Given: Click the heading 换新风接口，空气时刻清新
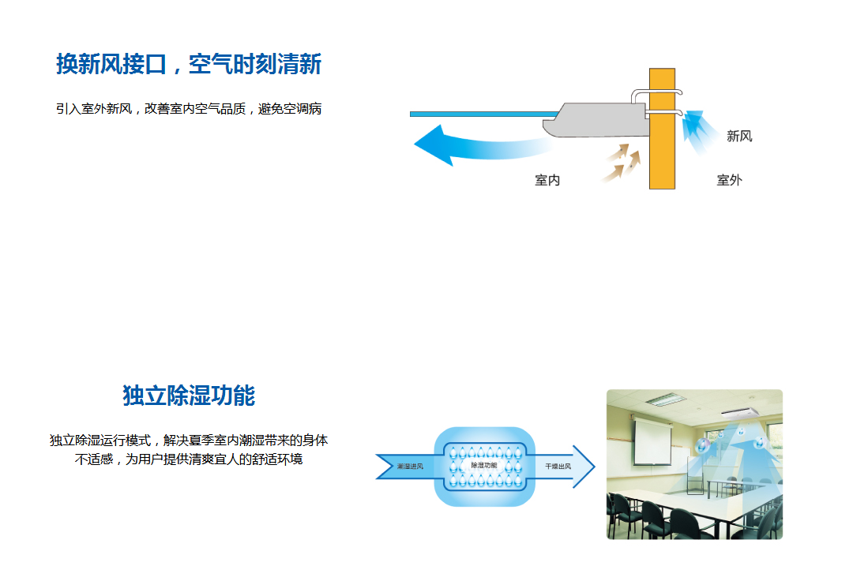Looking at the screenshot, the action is coord(189,64).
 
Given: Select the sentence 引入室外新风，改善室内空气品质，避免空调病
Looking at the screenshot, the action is coord(189,109).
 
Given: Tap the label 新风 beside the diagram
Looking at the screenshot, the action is coord(739,136).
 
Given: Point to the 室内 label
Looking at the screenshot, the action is coord(547,180).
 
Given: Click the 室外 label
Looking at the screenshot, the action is coord(730,180).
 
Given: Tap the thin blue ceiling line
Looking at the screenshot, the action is coord(484,114).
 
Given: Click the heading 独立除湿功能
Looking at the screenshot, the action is coord(189,396).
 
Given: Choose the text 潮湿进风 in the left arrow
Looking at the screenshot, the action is coord(410,467).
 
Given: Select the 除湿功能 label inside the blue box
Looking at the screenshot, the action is coord(484,466).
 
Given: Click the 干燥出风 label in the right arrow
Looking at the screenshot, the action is coord(558,467).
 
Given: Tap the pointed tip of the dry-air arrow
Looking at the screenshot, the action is coord(595,467).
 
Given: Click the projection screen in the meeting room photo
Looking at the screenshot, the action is coord(652,441).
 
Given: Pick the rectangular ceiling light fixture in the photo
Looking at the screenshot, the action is coord(666,399).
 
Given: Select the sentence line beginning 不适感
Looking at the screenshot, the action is coord(189,459).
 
